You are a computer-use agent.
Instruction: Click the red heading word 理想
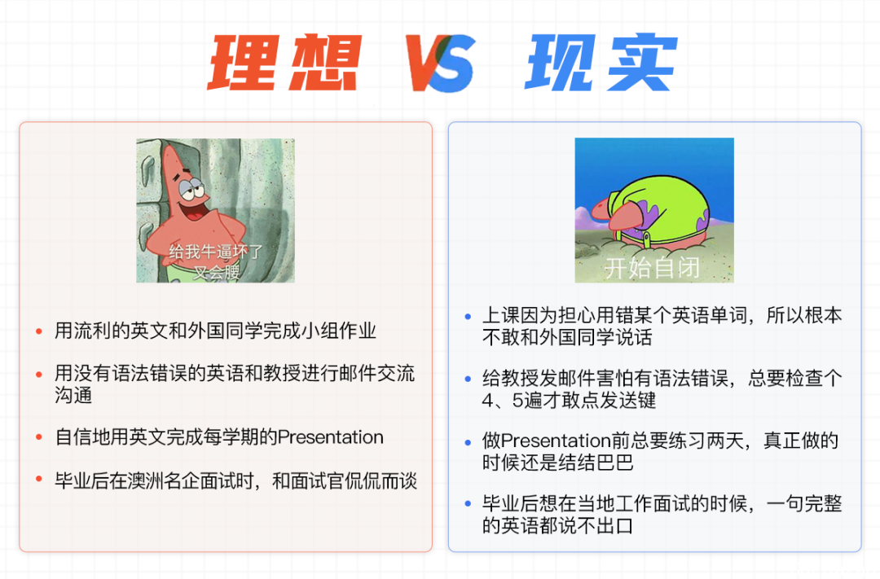pos(284,62)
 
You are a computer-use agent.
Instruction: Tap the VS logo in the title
pos(441,63)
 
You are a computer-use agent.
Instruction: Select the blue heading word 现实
pos(601,62)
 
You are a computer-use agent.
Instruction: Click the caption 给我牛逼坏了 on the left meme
pos(215,252)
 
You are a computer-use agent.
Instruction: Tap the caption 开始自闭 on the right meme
pos(653,268)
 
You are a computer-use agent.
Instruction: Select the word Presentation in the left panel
pos(331,437)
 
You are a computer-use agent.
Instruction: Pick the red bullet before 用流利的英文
pos(39,331)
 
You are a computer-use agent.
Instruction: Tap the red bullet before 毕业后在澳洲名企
pos(39,479)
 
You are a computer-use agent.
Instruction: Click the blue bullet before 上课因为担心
pos(468,317)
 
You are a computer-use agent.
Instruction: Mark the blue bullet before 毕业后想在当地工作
pos(468,504)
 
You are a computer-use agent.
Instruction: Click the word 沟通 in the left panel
pos(73,395)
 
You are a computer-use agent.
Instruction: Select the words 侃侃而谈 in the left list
pos(380,480)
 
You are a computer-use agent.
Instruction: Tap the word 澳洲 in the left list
pos(147,480)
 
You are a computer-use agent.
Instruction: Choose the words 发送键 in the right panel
pos(627,401)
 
